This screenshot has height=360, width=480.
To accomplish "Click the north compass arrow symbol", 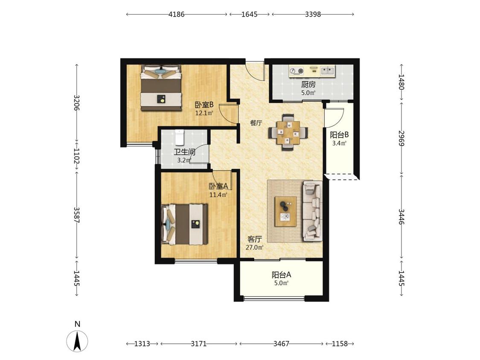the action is (x=77, y=341).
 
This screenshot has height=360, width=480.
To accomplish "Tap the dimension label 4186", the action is (x=177, y=14).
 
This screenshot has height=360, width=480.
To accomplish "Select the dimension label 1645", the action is (x=249, y=14).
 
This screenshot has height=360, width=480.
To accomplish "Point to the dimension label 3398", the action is (x=313, y=14).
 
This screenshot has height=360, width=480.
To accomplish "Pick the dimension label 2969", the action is (x=401, y=138).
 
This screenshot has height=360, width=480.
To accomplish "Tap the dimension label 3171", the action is (x=199, y=344).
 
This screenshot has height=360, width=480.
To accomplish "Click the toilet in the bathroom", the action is (x=180, y=137).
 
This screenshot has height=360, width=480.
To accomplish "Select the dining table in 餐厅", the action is (x=288, y=133).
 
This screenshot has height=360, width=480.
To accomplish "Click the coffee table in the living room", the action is (x=285, y=212).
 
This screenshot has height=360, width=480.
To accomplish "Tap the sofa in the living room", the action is (x=313, y=211).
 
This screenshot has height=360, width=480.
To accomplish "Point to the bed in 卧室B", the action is (x=161, y=88).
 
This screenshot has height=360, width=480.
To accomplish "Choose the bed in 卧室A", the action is (x=185, y=224).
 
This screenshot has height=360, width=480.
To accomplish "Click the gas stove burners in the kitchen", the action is (x=297, y=71).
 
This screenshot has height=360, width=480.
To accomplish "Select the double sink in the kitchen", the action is (x=328, y=71).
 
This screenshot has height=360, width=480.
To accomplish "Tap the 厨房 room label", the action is (x=308, y=84).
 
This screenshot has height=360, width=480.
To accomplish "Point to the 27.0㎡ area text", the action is (x=255, y=247).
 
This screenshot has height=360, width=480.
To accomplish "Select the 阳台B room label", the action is (x=339, y=135).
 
